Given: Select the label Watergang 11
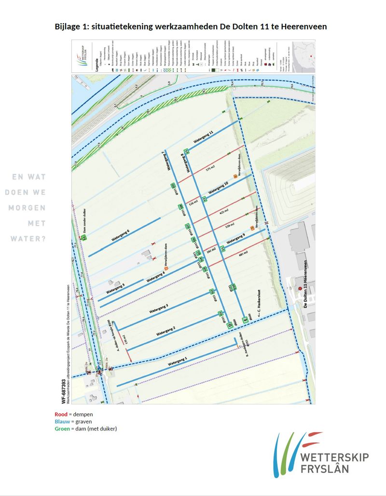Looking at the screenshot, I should (204, 137).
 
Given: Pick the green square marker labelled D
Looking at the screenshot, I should (230, 326).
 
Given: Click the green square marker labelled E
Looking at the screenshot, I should (245, 319).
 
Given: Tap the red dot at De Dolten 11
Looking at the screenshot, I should (300, 289).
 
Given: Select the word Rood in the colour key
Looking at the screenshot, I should (61, 414).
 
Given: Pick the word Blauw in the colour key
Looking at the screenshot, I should (62, 422).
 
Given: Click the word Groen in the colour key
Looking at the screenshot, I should (62, 429).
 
